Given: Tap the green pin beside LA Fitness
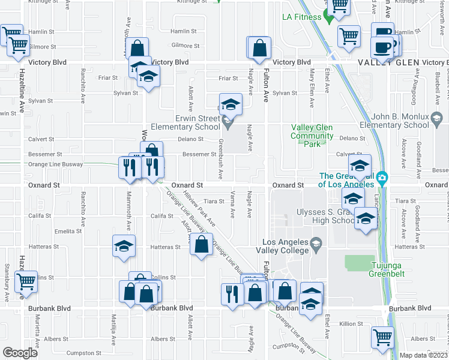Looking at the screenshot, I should click(x=328, y=16).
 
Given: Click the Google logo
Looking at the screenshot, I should click(x=20, y=352).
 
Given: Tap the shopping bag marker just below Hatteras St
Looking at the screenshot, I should click(x=201, y=245).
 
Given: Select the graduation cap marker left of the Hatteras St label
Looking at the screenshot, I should click(x=124, y=246).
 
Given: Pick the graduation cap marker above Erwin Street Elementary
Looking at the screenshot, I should click(x=229, y=105).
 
